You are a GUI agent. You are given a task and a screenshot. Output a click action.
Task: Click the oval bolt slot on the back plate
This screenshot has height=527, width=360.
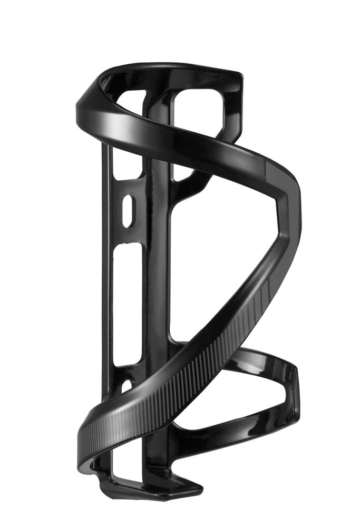point(127,211)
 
